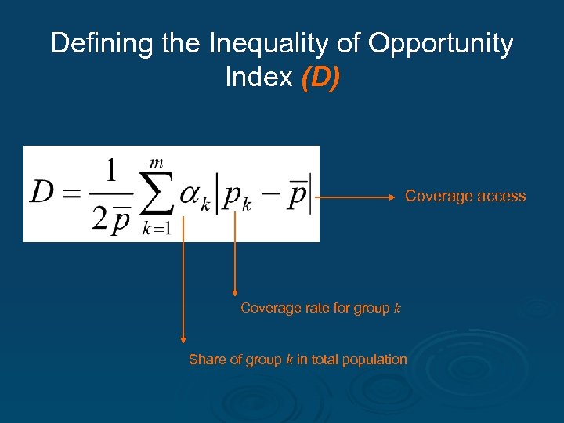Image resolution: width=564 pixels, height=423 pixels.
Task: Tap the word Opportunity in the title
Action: click(441, 45)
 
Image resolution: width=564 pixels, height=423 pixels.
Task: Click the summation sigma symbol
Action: click(156, 194)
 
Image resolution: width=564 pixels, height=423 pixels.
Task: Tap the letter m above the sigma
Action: click(157, 162)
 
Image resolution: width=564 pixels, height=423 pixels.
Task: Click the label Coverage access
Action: click(465, 197)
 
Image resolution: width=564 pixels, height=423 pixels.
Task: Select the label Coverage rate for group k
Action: click(320, 308)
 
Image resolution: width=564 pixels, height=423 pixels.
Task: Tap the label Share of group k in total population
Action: click(298, 360)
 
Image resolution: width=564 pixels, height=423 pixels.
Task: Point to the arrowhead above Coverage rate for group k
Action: click(234, 292)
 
